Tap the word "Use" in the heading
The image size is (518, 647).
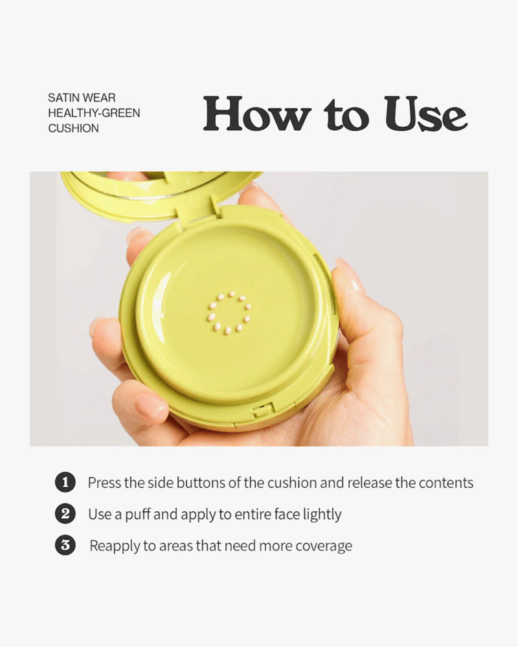coord(426,113)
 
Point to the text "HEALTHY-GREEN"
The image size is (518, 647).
coord(94,113)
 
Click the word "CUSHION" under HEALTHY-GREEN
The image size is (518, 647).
coord(74,128)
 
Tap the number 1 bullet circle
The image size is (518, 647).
coord(65,482)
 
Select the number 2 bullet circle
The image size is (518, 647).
coord(65,514)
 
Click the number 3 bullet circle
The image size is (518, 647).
coord(65,545)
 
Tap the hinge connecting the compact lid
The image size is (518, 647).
coord(195,212)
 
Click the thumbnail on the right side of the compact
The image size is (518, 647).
coord(351,278)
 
